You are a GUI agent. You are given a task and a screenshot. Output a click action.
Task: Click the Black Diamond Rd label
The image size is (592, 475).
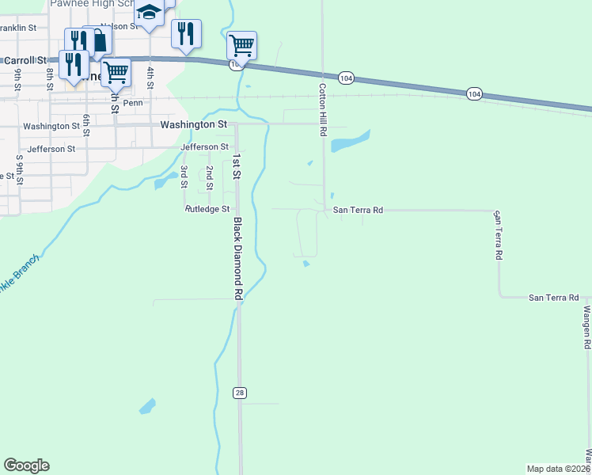(237, 259)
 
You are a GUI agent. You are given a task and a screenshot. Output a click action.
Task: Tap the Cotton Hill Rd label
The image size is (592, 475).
(323, 110)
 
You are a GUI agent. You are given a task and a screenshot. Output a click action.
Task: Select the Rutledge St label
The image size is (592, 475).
(207, 210)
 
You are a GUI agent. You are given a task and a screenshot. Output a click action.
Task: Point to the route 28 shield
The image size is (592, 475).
(239, 393)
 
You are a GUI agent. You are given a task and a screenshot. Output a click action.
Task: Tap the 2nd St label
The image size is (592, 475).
(209, 178)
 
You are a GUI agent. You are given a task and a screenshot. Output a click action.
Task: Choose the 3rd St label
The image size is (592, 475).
(184, 177)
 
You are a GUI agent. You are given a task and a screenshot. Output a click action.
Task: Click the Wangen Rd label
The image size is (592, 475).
(587, 328)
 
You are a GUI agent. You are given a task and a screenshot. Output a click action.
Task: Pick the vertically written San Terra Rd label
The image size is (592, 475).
(498, 235)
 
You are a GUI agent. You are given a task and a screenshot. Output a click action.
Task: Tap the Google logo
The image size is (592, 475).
(26, 465)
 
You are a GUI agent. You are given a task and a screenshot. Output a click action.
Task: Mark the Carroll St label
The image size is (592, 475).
(25, 60)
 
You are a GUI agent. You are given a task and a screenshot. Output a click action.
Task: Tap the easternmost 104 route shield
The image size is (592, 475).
(473, 94)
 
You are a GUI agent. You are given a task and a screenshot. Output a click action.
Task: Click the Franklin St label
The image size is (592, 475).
(17, 28)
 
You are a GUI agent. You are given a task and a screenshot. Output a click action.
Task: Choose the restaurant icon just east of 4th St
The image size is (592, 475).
(186, 33)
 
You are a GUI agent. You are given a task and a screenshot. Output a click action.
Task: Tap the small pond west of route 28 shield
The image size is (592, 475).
(147, 407)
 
